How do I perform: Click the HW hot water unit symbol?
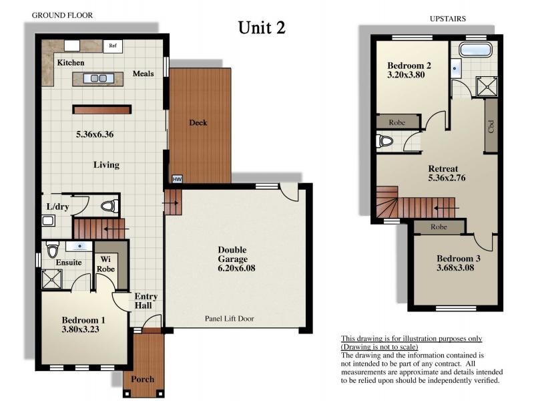(x=177, y=179)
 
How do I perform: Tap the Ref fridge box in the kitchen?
(x=113, y=45)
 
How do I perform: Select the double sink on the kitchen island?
(x=98, y=78)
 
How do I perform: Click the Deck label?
(x=198, y=122)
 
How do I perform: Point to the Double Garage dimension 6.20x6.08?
(x=236, y=268)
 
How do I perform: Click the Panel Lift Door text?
(x=229, y=319)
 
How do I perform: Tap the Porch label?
(x=143, y=379)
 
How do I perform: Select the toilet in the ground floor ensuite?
(x=53, y=249)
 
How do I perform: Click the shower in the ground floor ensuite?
(x=52, y=279)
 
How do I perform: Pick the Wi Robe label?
(x=105, y=264)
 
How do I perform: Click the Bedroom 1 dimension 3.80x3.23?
(x=80, y=329)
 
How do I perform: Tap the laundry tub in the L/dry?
(x=48, y=221)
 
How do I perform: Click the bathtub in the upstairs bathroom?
(x=475, y=49)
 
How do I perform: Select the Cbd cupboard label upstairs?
(x=491, y=126)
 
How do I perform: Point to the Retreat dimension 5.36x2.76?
(x=447, y=178)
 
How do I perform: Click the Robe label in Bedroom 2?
(x=397, y=122)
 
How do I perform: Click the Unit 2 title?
(x=262, y=27)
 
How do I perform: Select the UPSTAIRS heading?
(x=447, y=19)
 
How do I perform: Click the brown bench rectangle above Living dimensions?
(x=102, y=110)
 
